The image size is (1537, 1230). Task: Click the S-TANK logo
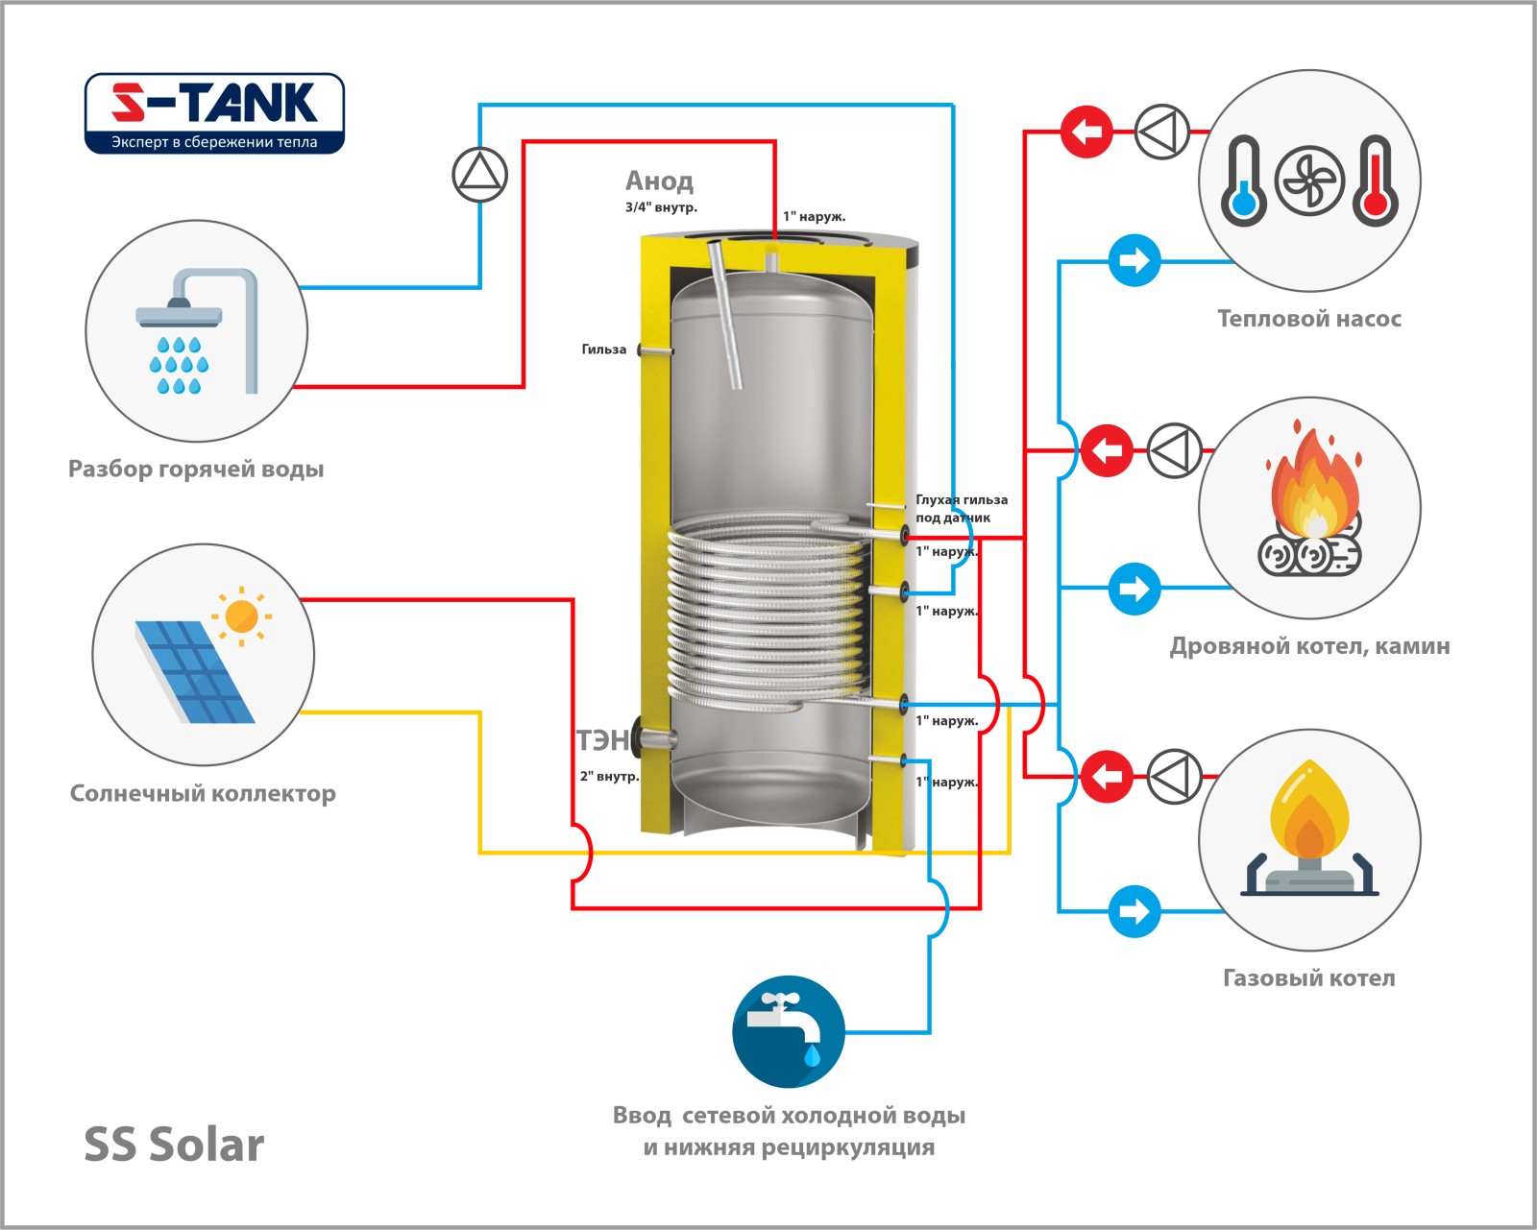click(x=214, y=112)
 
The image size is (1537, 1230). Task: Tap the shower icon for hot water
click(x=197, y=331)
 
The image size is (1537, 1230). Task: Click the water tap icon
click(x=789, y=1031)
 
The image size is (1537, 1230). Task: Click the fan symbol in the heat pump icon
click(x=1309, y=181)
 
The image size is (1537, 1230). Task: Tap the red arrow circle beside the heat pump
click(x=1086, y=131)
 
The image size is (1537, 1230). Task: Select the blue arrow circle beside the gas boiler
click(x=1134, y=910)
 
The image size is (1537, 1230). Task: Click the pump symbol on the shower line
click(x=479, y=175)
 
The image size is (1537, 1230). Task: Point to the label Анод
click(x=659, y=181)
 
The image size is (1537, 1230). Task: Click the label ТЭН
click(x=601, y=740)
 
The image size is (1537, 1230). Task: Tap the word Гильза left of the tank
click(x=603, y=350)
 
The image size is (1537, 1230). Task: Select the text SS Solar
click(x=174, y=1145)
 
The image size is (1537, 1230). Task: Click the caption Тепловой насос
click(x=1309, y=319)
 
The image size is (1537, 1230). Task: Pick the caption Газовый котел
click(x=1308, y=978)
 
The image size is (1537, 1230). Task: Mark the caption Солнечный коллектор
click(x=203, y=794)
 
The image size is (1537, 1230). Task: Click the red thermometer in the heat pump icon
click(x=1376, y=181)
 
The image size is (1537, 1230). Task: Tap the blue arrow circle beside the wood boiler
click(x=1134, y=588)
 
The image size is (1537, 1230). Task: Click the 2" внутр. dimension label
click(x=609, y=776)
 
